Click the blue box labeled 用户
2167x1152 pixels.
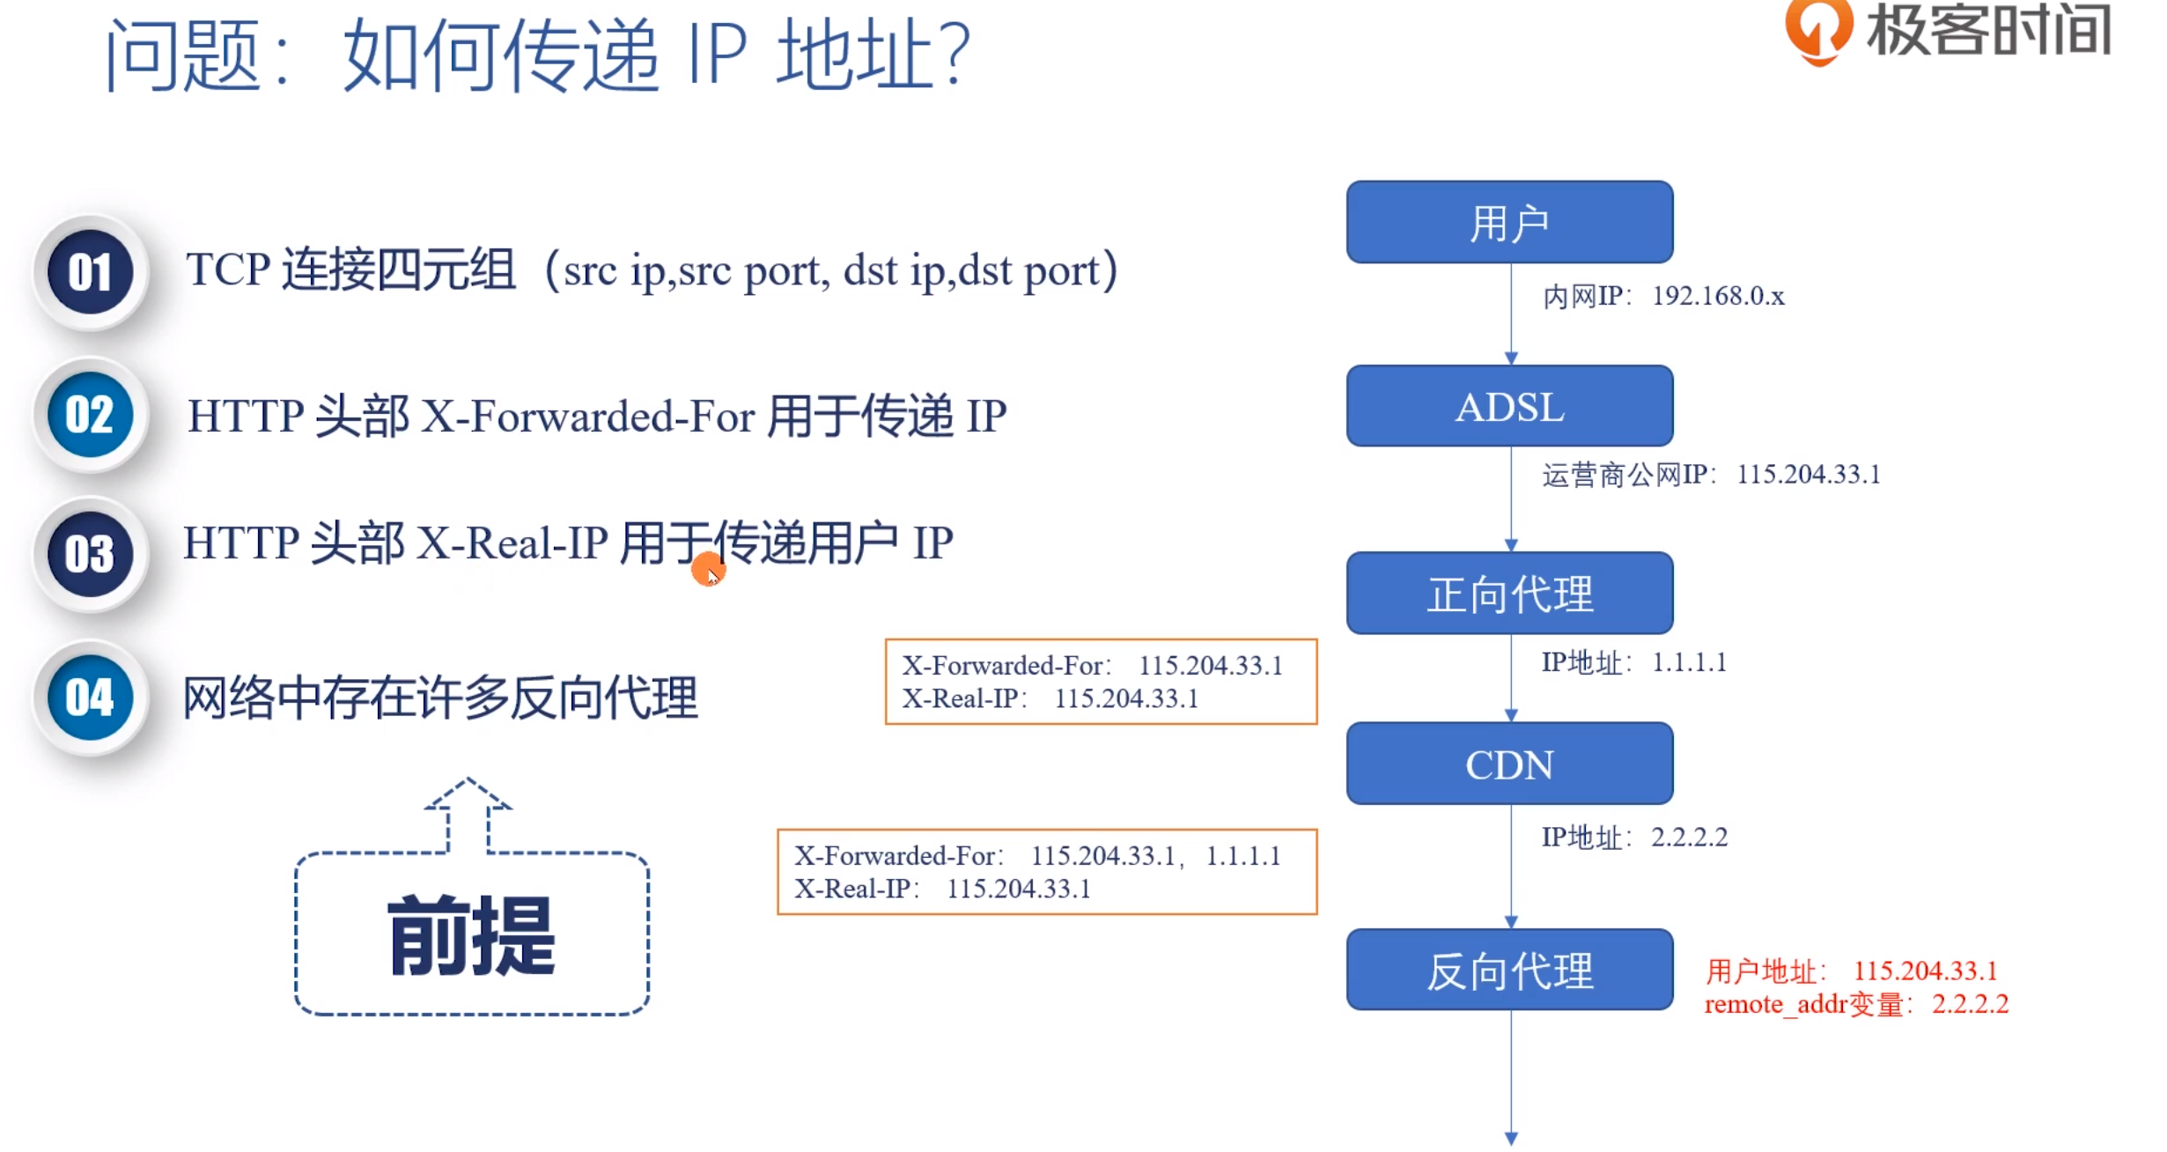pos(1508,222)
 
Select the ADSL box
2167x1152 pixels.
pos(1508,406)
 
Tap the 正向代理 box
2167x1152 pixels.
pos(1508,593)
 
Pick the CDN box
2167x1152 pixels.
pos(1508,764)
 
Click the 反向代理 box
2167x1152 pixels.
pos(1508,970)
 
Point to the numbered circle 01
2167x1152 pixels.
pos(90,272)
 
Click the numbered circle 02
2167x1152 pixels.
pos(90,414)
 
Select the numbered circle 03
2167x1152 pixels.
pos(90,554)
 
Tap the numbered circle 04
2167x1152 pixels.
pos(90,698)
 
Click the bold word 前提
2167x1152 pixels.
pos(472,935)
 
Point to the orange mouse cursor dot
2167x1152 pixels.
pos(707,570)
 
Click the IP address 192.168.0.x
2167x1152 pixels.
pos(1717,296)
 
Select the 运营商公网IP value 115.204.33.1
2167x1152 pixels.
pos(1808,475)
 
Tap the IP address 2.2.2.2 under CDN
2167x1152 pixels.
pos(1689,837)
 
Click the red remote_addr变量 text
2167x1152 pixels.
pos(1805,1005)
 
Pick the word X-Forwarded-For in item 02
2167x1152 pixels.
pos(587,416)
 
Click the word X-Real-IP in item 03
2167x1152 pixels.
pos(512,543)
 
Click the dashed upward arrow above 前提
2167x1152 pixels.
pos(468,812)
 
